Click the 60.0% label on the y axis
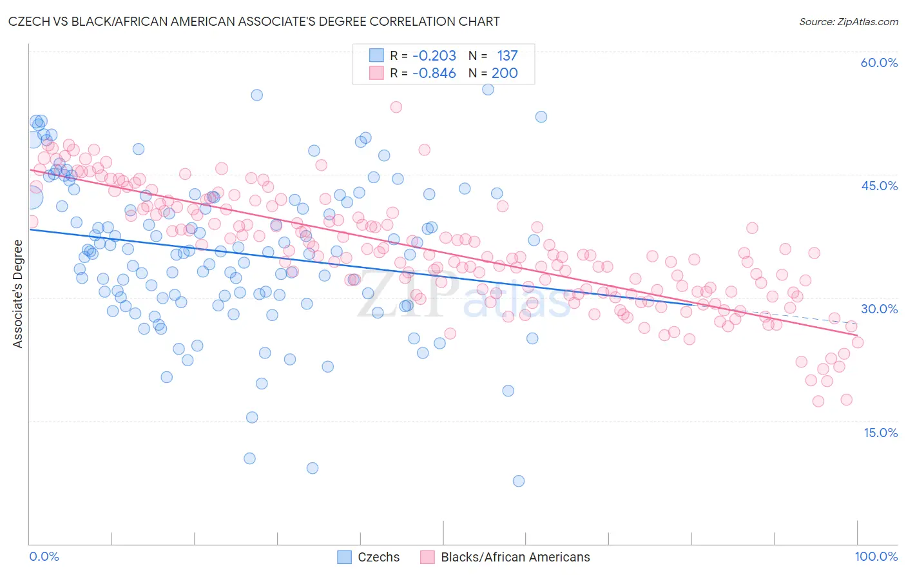879,63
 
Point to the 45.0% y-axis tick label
879,186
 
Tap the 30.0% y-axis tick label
879,309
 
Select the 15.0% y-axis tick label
880,433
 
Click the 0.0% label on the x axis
44,556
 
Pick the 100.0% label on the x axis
876,556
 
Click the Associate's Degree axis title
18,294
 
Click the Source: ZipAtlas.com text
848,21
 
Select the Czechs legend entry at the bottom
378,557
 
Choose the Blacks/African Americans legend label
515,557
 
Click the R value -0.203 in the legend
434,55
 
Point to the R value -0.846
434,73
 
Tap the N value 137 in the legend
507,55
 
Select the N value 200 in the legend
505,73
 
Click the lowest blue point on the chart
519,481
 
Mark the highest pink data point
396,107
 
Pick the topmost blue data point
488,90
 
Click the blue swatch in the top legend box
376,55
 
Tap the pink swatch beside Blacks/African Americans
427,557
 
